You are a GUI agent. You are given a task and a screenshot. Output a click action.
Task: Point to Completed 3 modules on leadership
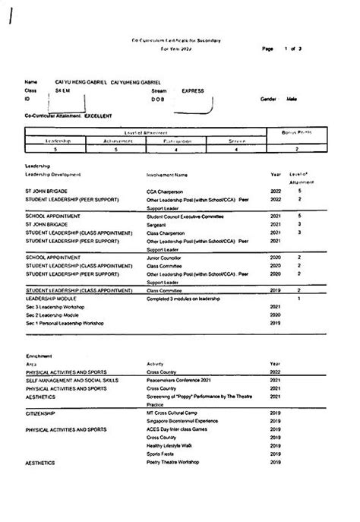(182, 299)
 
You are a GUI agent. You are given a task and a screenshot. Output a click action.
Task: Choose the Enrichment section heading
(38, 356)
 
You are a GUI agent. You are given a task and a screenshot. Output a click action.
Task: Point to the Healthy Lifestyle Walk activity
(169, 445)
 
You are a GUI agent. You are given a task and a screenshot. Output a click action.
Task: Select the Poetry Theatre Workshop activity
(174, 462)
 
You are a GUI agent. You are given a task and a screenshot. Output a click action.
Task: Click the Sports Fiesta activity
(160, 454)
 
